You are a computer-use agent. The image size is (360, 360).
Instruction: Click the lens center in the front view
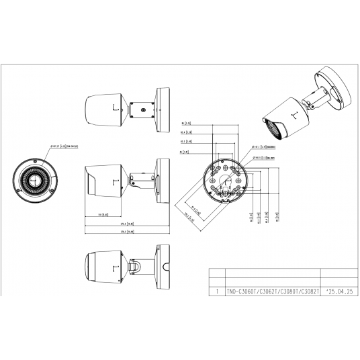(36, 181)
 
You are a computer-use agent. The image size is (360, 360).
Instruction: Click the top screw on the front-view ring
(36, 160)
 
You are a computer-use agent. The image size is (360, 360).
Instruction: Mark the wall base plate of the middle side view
(163, 179)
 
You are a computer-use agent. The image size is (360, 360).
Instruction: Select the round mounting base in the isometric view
(332, 87)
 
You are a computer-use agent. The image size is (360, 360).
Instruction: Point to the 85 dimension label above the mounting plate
(187, 124)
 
